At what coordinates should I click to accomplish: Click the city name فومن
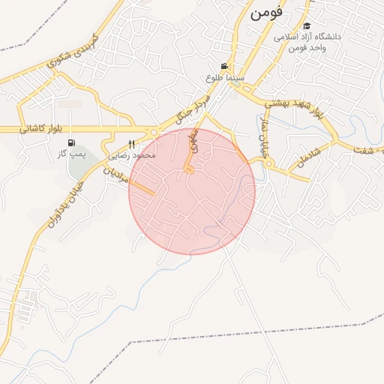click(x=269, y=13)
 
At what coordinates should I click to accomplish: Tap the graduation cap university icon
click(x=307, y=26)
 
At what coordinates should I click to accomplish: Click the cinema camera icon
click(x=224, y=66)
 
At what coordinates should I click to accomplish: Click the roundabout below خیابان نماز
click(x=268, y=163)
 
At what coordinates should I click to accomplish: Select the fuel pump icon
click(x=71, y=142)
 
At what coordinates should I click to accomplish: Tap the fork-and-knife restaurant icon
click(x=132, y=144)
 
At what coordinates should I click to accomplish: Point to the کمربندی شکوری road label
click(x=77, y=51)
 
